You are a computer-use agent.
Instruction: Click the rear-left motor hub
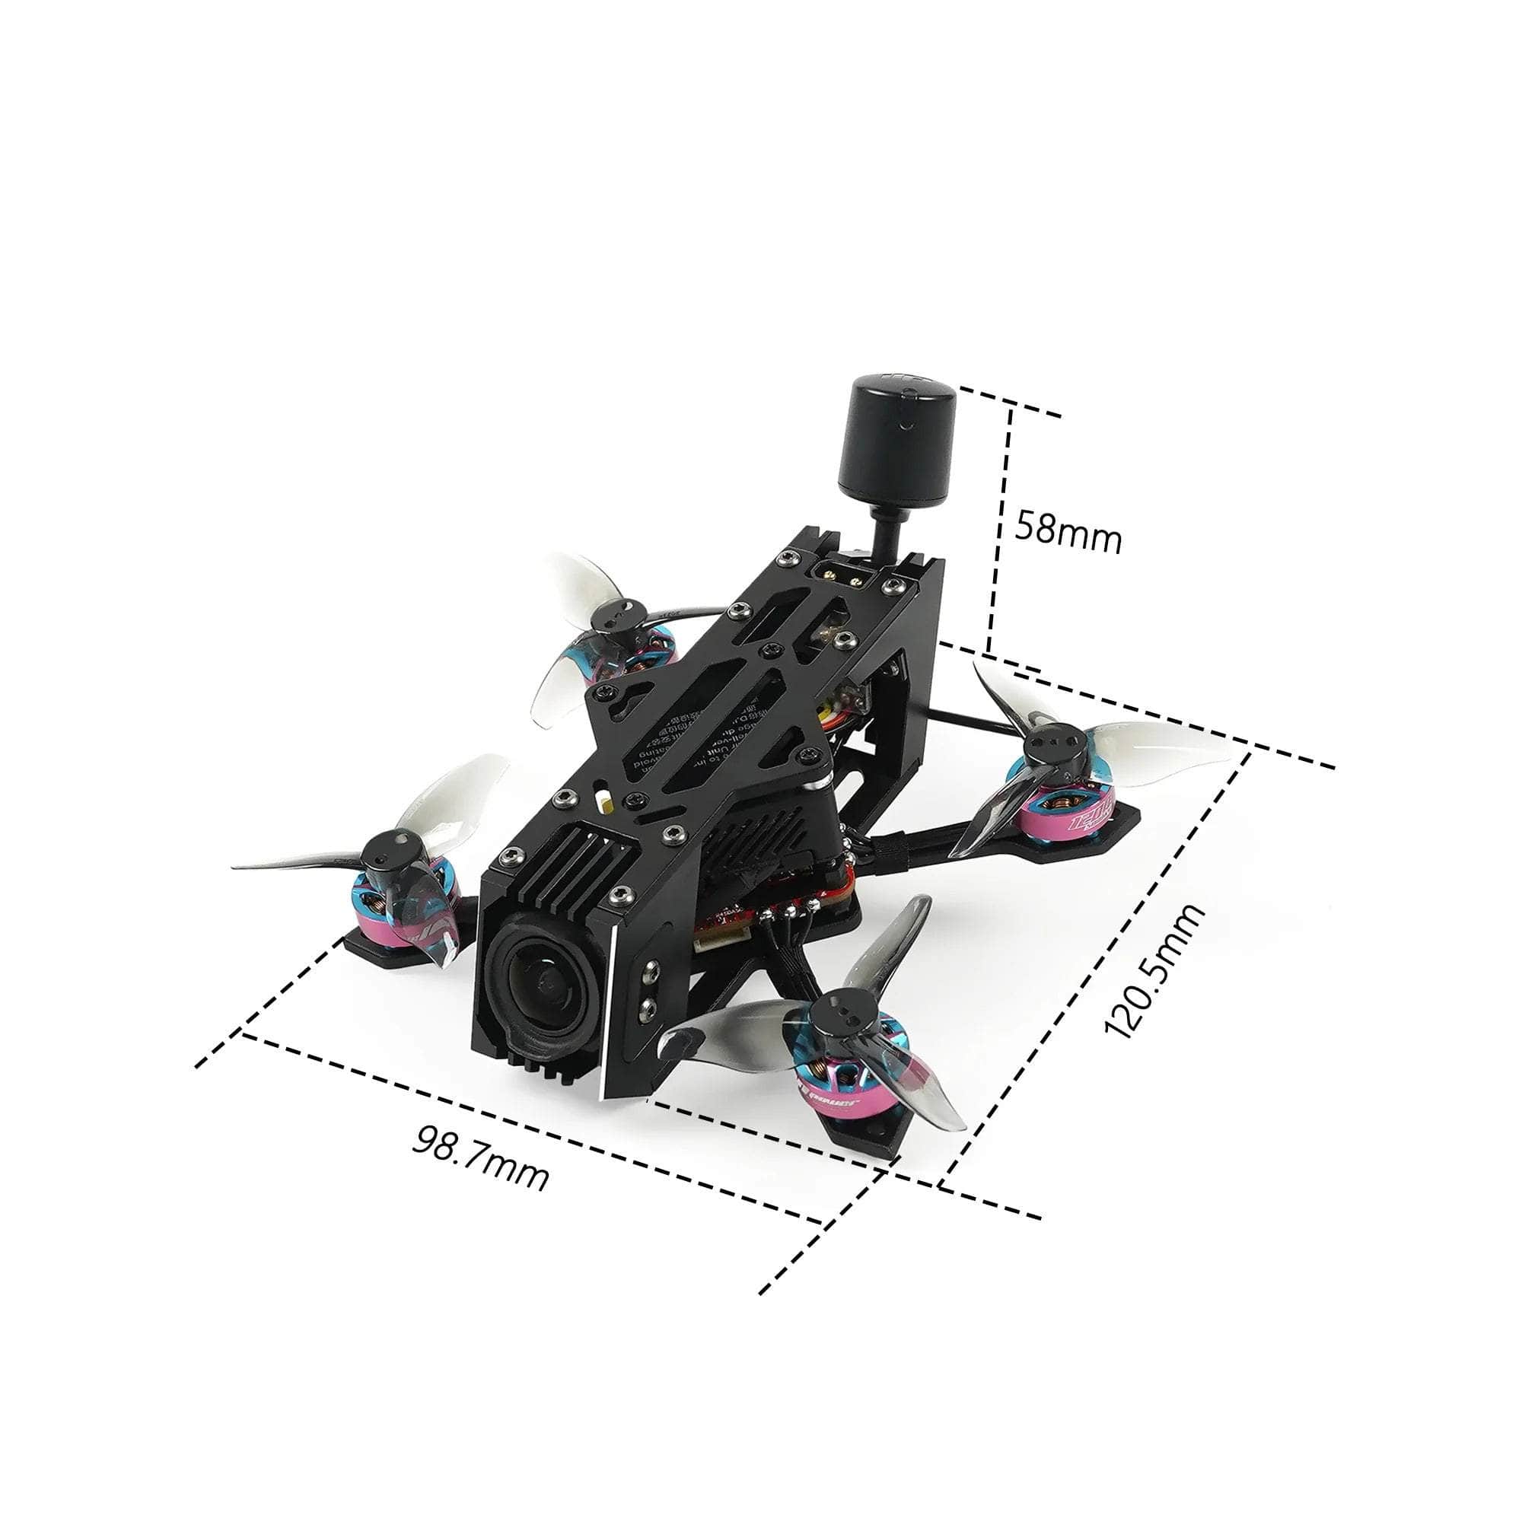616,615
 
